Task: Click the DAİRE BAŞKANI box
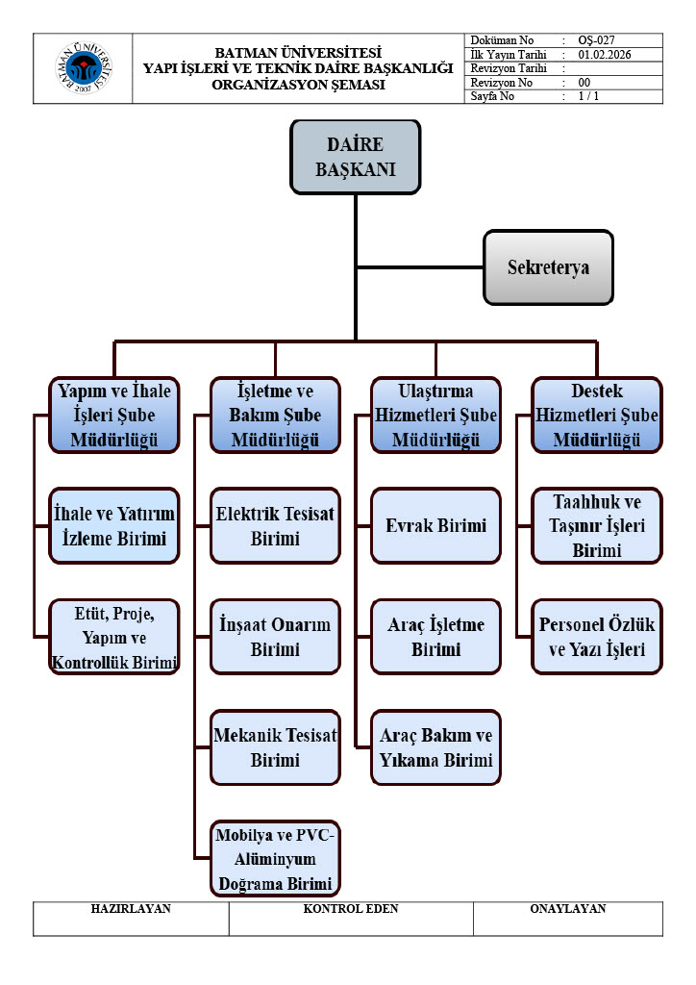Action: (x=356, y=156)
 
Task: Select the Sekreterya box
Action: (x=548, y=266)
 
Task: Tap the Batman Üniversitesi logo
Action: (x=84, y=68)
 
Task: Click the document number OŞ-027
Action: (x=596, y=40)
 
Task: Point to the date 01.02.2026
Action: (x=607, y=55)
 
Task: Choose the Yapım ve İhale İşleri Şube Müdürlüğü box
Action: (x=114, y=416)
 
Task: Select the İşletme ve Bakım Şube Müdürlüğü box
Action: (x=275, y=416)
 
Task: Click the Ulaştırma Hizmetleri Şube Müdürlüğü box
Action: (x=435, y=416)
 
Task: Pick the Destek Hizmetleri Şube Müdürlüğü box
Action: (x=596, y=416)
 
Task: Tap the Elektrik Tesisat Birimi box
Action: (x=275, y=525)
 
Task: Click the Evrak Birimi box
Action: (x=435, y=525)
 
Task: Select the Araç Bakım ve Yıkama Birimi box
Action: (x=435, y=747)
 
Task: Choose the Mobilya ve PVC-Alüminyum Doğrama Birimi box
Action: (x=275, y=858)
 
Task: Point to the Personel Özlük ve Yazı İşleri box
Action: (x=596, y=637)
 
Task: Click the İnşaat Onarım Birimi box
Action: (x=275, y=637)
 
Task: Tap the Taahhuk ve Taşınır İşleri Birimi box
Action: (x=596, y=525)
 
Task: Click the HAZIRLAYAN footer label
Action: (x=131, y=909)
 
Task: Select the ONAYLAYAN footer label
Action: (x=567, y=909)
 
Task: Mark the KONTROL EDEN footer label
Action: (x=351, y=909)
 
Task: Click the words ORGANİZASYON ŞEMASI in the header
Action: (x=298, y=85)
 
